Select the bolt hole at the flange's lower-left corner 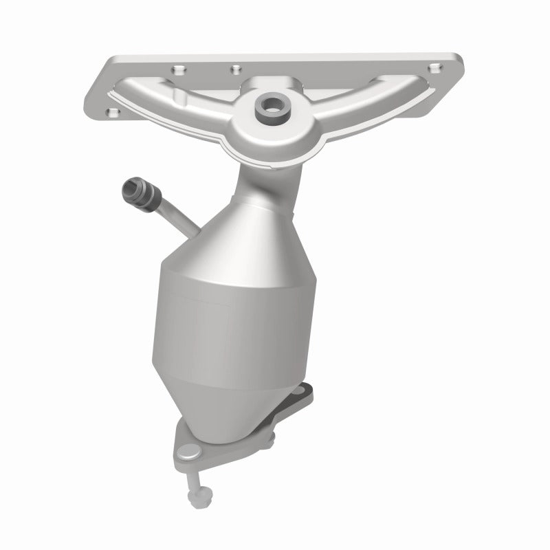pyautogui.click(x=112, y=111)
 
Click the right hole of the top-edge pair pyautogui.click(x=235, y=68)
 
